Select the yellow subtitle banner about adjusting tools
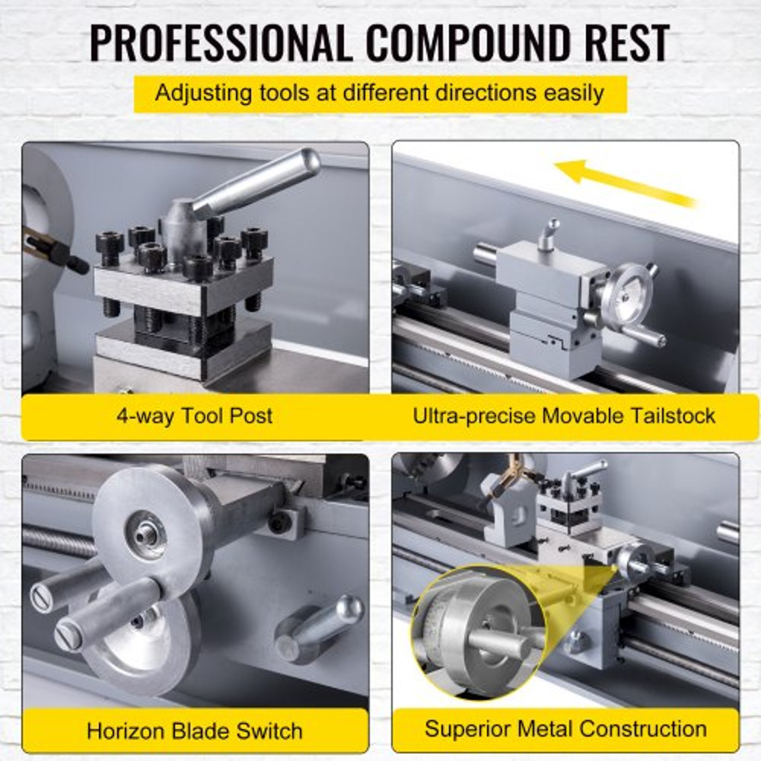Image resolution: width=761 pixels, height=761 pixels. tap(380, 94)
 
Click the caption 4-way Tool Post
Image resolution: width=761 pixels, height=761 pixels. tap(195, 416)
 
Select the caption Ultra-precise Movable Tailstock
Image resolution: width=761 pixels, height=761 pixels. tap(564, 416)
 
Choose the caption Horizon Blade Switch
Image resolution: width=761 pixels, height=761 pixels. tap(195, 731)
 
